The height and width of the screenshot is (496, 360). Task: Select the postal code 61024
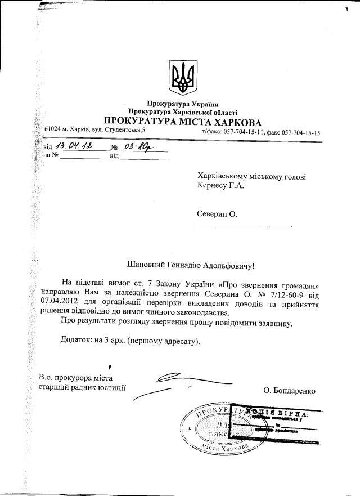coord(53,131)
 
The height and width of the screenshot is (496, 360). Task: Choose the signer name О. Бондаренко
coord(289,390)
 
